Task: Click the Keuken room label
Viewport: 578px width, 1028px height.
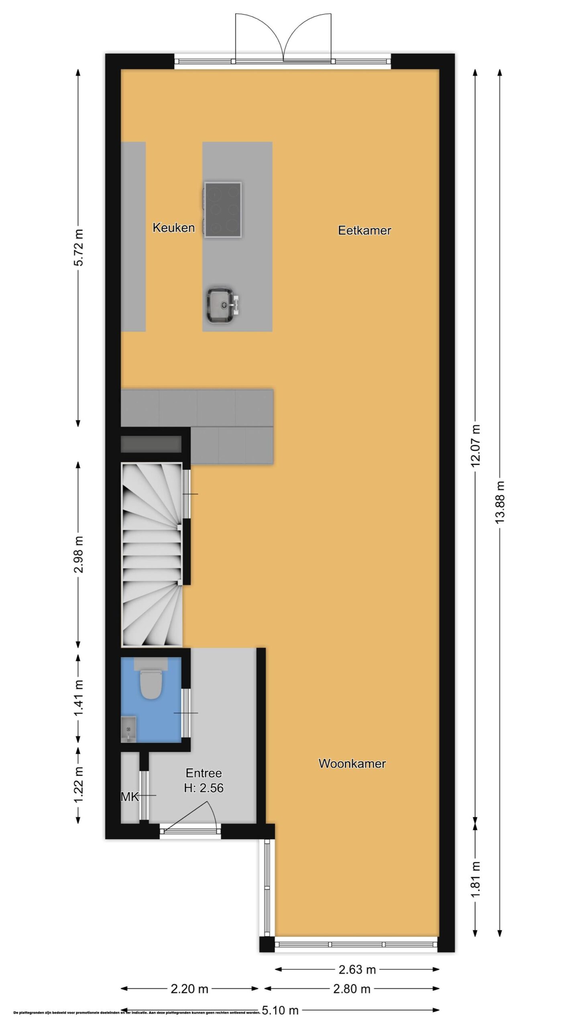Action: [x=173, y=228]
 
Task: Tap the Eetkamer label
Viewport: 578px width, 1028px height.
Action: [x=364, y=230]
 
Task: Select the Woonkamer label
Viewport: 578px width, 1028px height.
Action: [x=352, y=763]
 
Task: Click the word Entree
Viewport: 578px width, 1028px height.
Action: [x=204, y=773]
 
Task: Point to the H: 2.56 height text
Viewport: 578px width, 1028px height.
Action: [x=204, y=788]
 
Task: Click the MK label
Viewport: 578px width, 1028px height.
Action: [x=130, y=797]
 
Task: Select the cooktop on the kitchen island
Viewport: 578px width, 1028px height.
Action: [x=222, y=209]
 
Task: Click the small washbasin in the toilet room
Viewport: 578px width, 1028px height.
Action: [x=128, y=729]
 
